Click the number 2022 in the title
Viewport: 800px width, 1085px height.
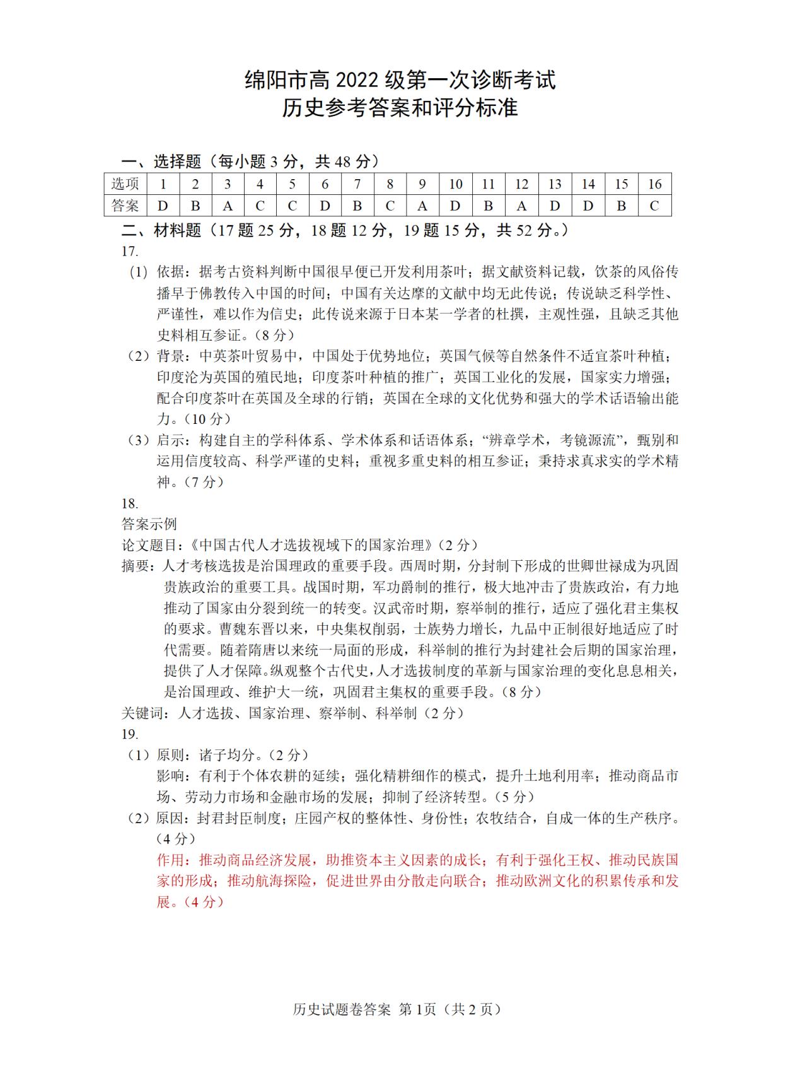(x=356, y=80)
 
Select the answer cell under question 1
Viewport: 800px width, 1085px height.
(x=163, y=206)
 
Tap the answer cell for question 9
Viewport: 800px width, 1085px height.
(x=422, y=206)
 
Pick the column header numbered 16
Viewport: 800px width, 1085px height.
(x=654, y=184)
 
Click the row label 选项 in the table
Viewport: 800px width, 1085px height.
(x=125, y=184)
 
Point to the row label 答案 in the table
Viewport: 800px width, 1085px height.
(x=125, y=206)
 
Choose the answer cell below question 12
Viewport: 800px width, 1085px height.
(x=521, y=206)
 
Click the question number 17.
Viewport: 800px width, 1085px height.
(x=130, y=251)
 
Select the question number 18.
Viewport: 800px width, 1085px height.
(x=130, y=503)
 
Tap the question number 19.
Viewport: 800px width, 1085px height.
(x=130, y=734)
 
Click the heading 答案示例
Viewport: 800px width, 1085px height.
(x=149, y=524)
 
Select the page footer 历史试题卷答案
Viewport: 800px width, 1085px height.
(x=342, y=1009)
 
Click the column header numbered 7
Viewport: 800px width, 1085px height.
(x=357, y=184)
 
